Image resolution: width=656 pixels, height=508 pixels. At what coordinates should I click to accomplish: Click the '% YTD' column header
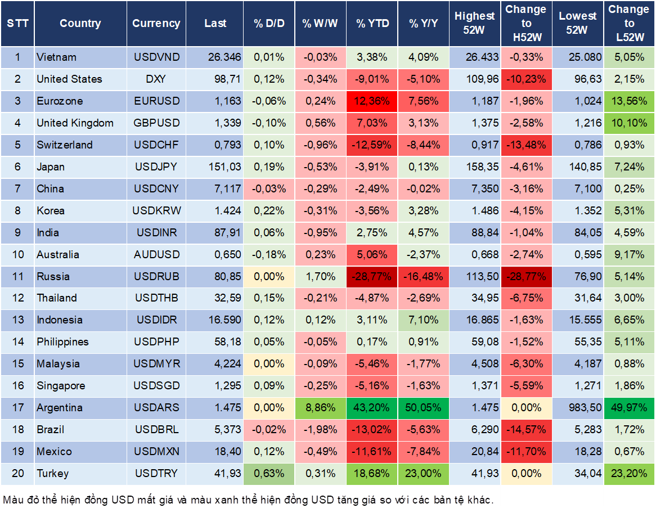click(372, 23)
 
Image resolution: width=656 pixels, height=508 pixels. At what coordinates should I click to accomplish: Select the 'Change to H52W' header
click(526, 23)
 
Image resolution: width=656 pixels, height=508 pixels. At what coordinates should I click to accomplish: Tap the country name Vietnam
click(56, 57)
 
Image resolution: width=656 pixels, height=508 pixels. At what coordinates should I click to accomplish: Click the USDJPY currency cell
click(156, 167)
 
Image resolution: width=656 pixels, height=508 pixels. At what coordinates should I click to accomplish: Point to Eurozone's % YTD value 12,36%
click(372, 101)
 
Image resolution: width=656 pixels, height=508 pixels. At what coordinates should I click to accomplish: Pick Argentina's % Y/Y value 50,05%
click(424, 407)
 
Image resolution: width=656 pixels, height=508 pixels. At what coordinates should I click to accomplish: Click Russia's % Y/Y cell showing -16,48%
click(424, 276)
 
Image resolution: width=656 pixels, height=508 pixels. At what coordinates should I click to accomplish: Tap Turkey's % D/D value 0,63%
click(269, 473)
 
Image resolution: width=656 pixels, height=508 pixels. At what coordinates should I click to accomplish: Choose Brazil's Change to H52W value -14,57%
click(526, 429)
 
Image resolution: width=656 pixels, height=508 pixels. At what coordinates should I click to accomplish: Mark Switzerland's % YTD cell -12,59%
click(372, 145)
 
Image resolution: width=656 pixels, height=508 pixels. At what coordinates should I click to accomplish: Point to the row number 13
click(18, 320)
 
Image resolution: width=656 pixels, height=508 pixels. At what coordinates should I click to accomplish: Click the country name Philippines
click(63, 341)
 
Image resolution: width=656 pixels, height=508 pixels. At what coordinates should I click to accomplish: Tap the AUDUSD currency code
click(156, 254)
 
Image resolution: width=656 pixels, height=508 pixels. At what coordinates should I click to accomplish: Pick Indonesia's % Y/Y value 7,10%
click(424, 320)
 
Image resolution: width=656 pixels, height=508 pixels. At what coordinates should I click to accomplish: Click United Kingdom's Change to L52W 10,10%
click(629, 123)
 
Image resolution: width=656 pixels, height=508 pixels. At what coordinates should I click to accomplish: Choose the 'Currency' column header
click(156, 23)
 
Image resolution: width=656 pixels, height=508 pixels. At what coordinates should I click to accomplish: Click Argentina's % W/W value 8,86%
click(320, 407)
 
